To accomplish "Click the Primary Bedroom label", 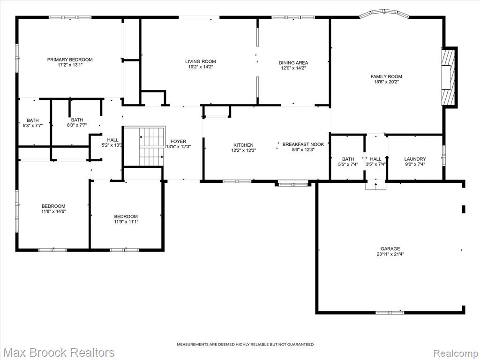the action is click(x=70, y=60).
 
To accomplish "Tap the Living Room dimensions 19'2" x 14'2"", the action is click(x=201, y=67).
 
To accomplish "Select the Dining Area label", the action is click(x=293, y=63).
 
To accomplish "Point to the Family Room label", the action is click(x=386, y=76).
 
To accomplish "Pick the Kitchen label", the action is click(x=243, y=145).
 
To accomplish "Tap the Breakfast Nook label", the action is click(x=303, y=144).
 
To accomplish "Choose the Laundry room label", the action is click(x=415, y=159).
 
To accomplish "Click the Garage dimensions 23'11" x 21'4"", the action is click(x=390, y=254).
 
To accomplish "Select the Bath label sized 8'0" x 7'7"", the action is click(x=77, y=120).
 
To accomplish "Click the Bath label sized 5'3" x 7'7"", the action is click(x=33, y=120).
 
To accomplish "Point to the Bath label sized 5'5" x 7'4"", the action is click(x=348, y=159).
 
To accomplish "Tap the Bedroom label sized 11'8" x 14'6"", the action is click(x=53, y=206).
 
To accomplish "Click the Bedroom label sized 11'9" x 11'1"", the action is click(x=126, y=216).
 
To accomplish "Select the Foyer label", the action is click(x=178, y=142).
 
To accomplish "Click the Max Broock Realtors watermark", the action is click(x=60, y=352).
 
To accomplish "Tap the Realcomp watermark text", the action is click(x=456, y=353).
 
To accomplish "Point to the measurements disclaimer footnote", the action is click(x=245, y=345).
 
